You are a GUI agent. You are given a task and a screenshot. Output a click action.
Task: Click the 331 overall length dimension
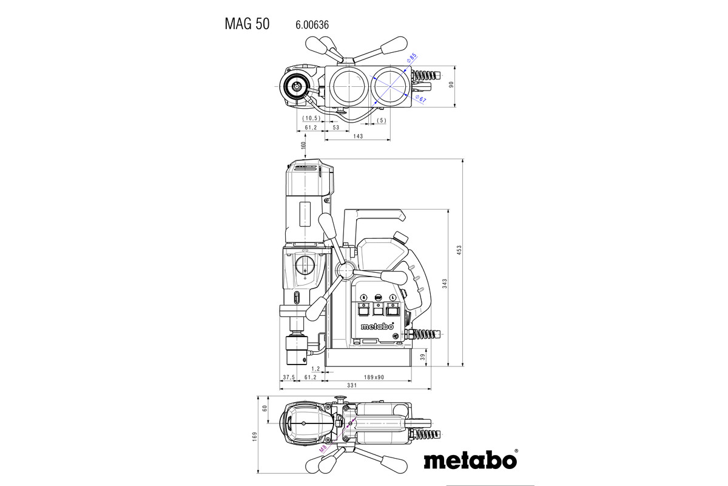pyautogui.click(x=351, y=386)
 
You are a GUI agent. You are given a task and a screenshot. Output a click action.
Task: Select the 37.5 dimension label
pyautogui.click(x=288, y=377)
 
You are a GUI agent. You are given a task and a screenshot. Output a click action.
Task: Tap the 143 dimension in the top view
pyautogui.click(x=357, y=137)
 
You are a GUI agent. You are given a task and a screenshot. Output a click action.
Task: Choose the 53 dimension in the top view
pyautogui.click(x=336, y=128)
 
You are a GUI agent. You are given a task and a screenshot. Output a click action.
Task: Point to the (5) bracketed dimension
pyautogui.click(x=380, y=120)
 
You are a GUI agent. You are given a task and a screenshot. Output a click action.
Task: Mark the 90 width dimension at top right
pyautogui.click(x=451, y=85)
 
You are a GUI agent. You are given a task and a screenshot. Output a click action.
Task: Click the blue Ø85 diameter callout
pyautogui.click(x=412, y=58)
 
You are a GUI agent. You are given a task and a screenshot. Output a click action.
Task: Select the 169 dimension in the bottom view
pyautogui.click(x=255, y=435)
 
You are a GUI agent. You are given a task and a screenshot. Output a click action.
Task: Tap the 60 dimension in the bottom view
pyautogui.click(x=265, y=408)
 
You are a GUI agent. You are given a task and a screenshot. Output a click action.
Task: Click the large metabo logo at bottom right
pyautogui.click(x=470, y=460)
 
